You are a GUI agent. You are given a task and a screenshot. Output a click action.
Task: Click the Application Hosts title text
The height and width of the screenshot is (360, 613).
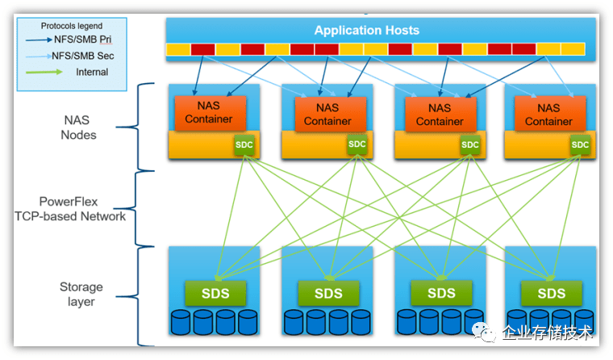click(x=367, y=31)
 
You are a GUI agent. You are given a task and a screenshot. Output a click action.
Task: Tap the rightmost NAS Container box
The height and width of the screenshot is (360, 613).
click(x=548, y=114)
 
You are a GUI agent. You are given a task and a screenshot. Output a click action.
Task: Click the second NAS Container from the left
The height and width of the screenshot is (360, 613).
click(x=327, y=114)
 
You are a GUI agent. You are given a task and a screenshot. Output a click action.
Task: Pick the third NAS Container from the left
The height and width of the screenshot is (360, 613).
click(x=440, y=114)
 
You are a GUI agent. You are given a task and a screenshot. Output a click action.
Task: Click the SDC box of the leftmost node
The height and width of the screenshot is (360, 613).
click(x=244, y=144)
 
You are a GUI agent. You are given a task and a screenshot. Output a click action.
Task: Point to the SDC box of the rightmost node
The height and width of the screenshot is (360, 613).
click(x=580, y=144)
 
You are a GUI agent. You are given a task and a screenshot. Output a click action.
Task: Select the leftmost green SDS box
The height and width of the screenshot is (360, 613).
click(x=214, y=292)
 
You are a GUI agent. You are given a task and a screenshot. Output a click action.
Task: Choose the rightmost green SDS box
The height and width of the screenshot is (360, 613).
click(x=552, y=292)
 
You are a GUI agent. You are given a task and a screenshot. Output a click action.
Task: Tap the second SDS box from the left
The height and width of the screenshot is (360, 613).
click(x=328, y=292)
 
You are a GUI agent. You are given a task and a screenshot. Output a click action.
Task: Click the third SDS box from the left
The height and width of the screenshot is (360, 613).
click(x=441, y=292)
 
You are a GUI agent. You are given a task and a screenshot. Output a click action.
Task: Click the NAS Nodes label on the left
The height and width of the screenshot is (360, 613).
click(x=78, y=128)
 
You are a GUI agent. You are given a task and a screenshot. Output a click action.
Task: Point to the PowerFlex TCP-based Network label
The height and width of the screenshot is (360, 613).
click(x=70, y=208)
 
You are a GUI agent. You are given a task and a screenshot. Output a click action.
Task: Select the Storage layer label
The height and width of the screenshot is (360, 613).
click(x=81, y=294)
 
